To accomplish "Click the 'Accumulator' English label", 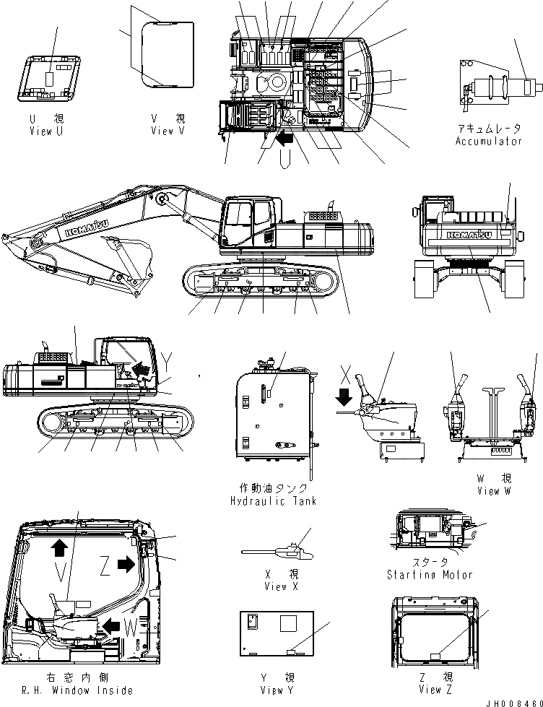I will pos(488,142).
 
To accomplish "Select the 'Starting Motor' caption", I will pos(430,575).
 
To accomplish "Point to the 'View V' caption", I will pos(168,131).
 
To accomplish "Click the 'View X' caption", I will pos(275,586).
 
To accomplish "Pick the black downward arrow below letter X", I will pos(344,396).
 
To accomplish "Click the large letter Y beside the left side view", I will pos(168,359).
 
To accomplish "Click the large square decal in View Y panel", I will pos(290,625).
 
